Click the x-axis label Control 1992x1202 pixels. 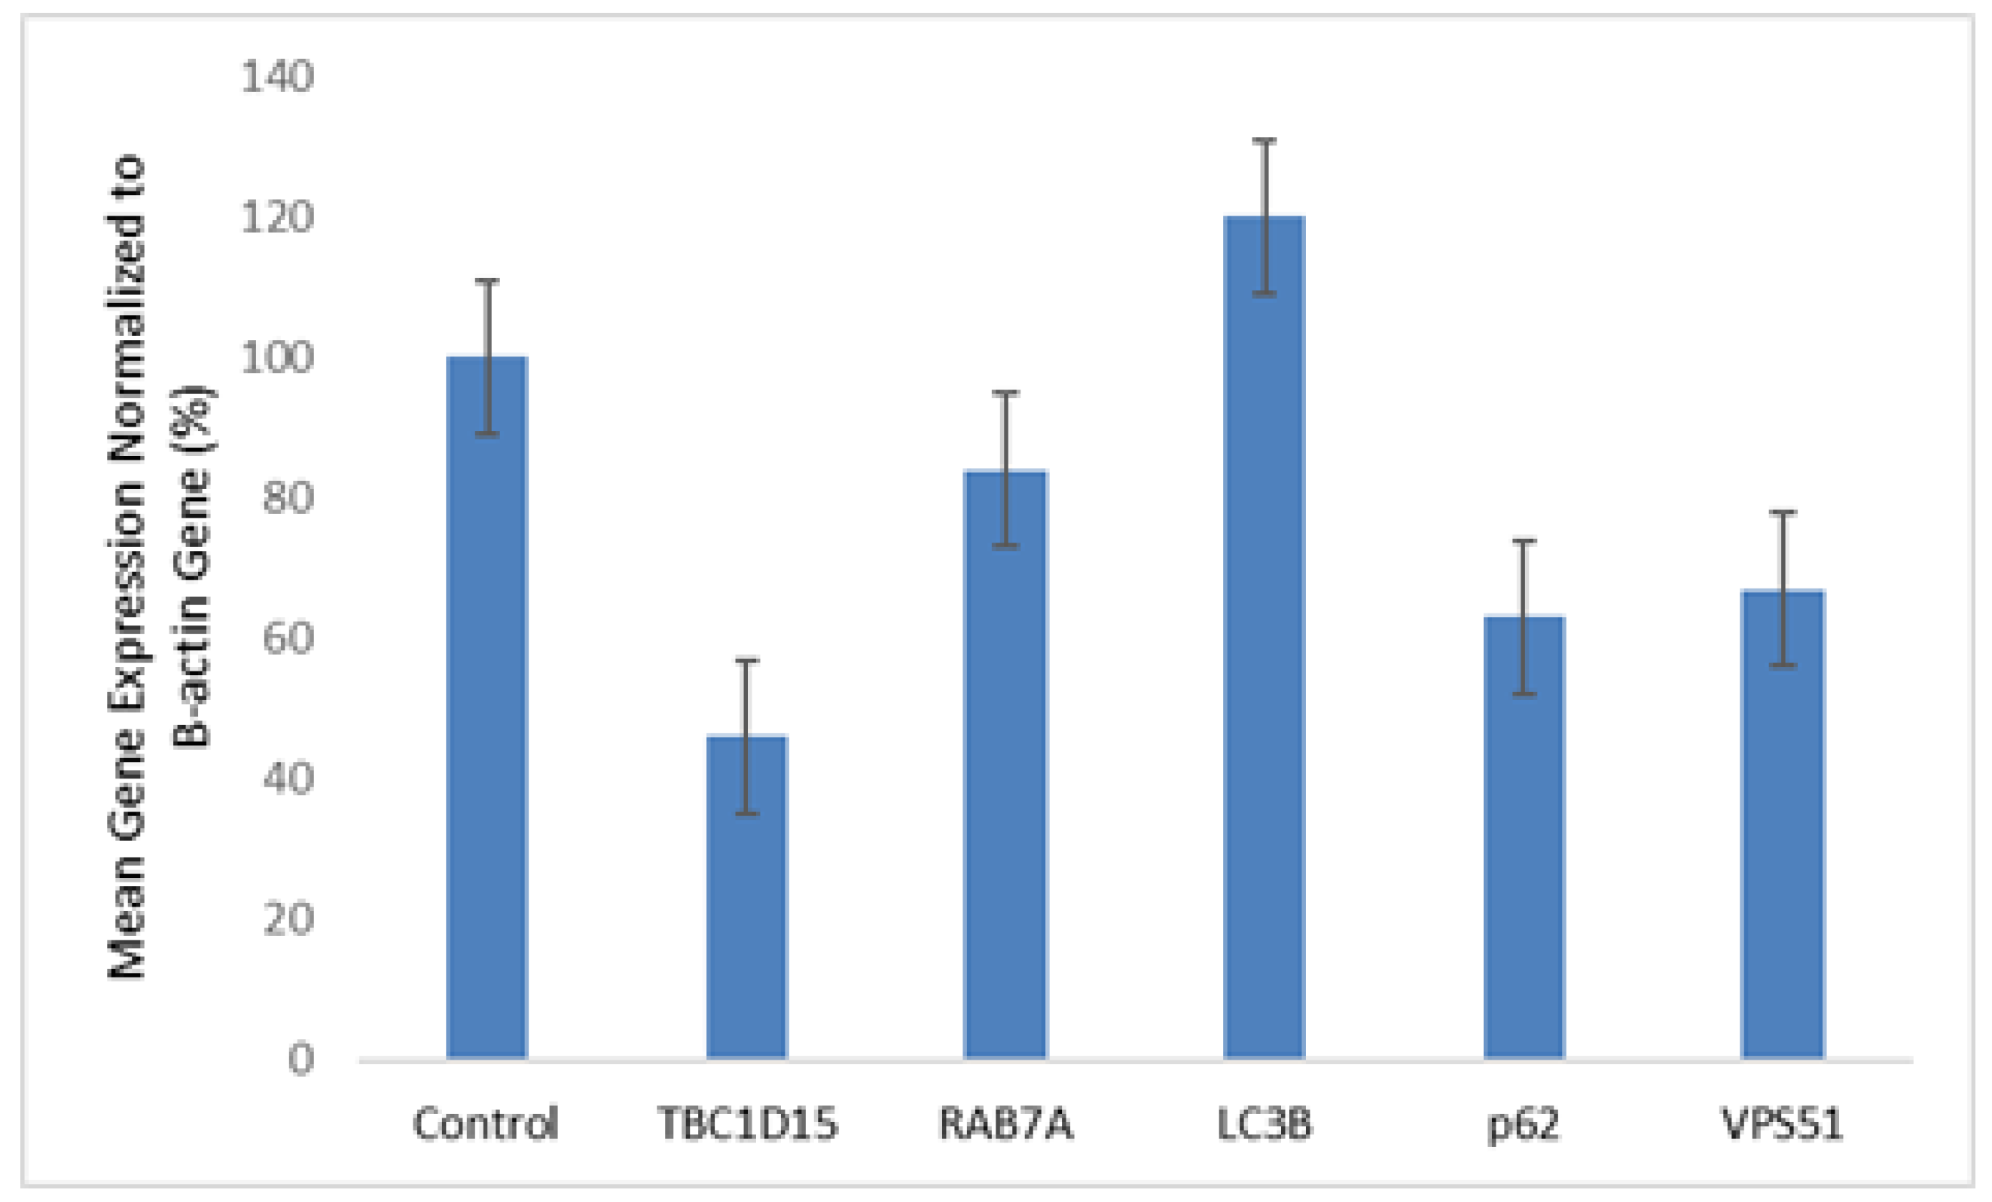pyautogui.click(x=486, y=1124)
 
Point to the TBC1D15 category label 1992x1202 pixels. pyautogui.click(x=747, y=1124)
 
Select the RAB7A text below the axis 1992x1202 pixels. pyautogui.click(x=1005, y=1124)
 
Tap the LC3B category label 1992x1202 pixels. pyautogui.click(x=1264, y=1124)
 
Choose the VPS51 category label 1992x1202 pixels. pyautogui.click(x=1783, y=1124)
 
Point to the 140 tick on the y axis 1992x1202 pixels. pyautogui.click(x=277, y=78)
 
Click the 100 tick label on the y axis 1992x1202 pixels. pyautogui.click(x=277, y=357)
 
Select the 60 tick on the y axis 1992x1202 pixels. pyautogui.click(x=288, y=638)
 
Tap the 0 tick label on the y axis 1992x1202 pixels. pyautogui.click(x=300, y=1058)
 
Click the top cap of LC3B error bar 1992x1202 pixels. pyautogui.click(x=1264, y=141)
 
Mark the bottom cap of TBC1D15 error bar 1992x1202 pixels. pyautogui.click(x=746, y=813)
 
